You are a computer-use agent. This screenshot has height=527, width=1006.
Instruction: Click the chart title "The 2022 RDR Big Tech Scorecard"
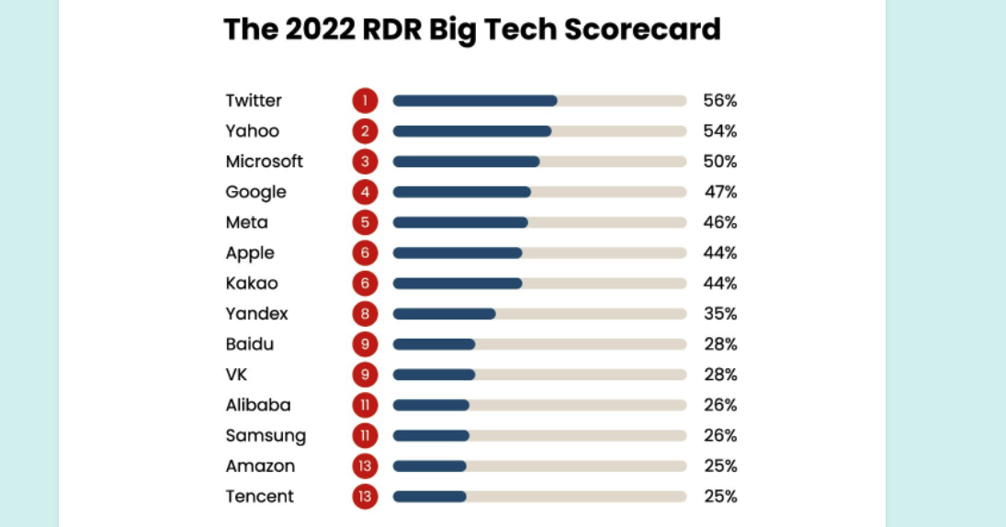pos(471,29)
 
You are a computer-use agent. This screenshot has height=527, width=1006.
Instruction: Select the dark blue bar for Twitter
pos(474,101)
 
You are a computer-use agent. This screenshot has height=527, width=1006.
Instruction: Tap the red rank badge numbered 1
pos(365,101)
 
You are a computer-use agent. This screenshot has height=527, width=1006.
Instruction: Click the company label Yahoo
pos(253,131)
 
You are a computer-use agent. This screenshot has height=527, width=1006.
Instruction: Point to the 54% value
pos(719,131)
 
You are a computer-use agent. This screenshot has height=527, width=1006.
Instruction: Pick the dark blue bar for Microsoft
pos(466,162)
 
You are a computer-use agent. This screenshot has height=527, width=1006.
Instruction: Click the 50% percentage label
pos(719,162)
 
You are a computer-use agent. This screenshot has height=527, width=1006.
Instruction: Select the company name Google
pos(256,192)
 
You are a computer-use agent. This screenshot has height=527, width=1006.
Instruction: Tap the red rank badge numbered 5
pos(365,222)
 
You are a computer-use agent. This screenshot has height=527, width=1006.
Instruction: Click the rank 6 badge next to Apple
pos(365,252)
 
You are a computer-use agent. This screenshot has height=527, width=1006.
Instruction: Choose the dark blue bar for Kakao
pos(458,283)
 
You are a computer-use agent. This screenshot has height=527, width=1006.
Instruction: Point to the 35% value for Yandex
pos(719,314)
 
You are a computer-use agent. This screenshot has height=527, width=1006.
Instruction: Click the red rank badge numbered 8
pos(365,314)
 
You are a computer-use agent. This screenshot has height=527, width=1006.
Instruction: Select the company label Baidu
pos(250,344)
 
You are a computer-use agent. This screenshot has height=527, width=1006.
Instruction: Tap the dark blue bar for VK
pos(434,375)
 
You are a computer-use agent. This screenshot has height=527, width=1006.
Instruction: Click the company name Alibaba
pos(258,405)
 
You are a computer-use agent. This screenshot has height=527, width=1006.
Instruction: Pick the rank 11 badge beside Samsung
pos(365,435)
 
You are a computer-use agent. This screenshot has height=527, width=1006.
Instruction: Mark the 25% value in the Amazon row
pos(719,465)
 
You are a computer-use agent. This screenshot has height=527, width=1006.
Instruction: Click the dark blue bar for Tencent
pos(429,497)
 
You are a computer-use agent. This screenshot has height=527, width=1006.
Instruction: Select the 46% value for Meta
pos(719,222)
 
